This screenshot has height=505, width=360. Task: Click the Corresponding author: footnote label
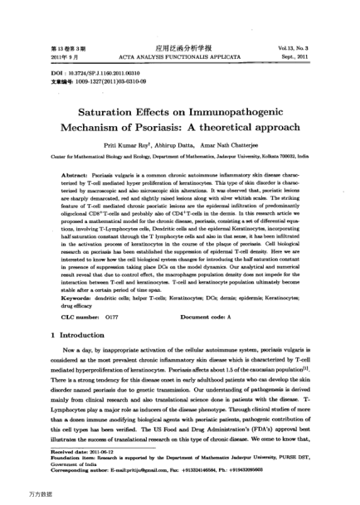tap(61, 489)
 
